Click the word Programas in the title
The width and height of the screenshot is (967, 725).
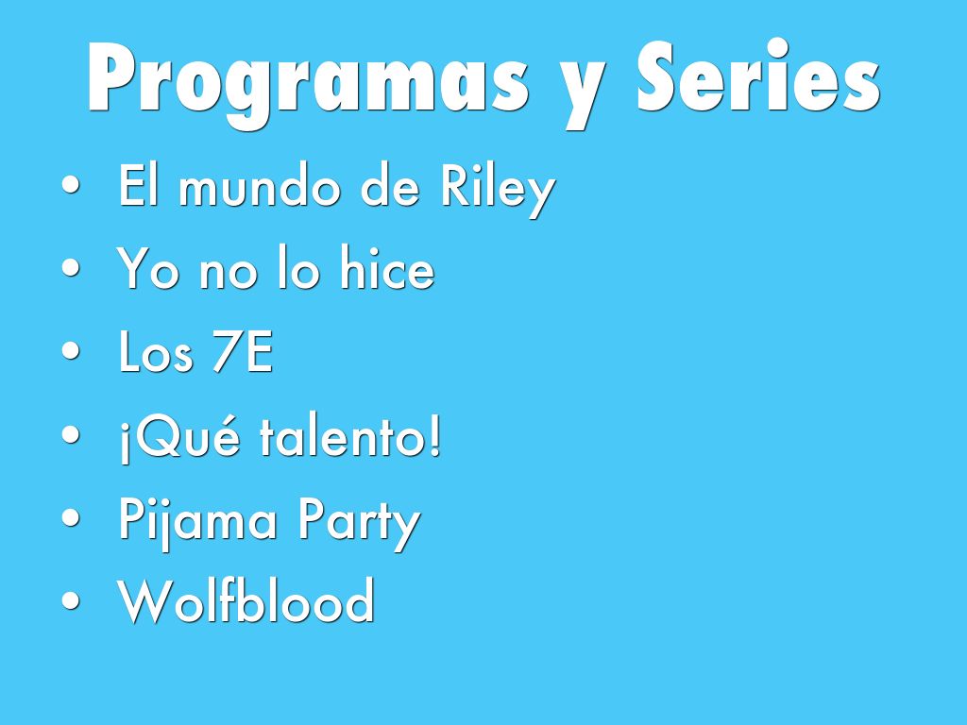(309, 83)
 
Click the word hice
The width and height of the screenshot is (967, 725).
(387, 267)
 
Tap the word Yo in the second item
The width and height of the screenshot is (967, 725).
(147, 268)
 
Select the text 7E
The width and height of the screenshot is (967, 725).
(243, 351)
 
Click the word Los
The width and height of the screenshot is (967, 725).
(156, 351)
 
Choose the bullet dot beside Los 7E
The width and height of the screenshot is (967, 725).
(71, 351)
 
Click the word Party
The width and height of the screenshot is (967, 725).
(359, 523)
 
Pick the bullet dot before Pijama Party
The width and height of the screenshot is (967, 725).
(71, 517)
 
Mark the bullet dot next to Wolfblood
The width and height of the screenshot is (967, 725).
(71, 600)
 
